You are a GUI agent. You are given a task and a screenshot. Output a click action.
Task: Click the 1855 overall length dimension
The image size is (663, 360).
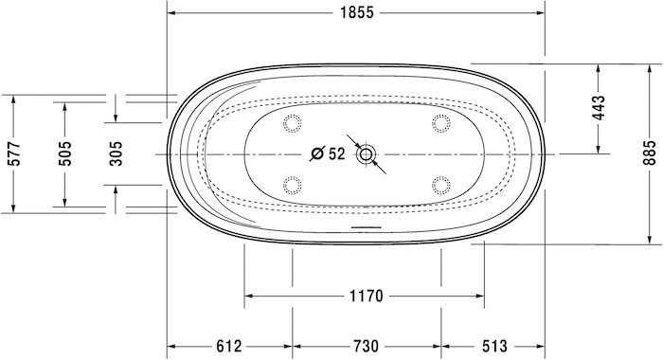(x=356, y=12)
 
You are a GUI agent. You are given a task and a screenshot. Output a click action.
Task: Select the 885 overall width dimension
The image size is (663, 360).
(x=648, y=153)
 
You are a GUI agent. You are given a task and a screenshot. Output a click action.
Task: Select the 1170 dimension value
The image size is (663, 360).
(x=364, y=297)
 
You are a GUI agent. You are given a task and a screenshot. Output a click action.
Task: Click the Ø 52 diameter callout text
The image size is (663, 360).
(x=328, y=153)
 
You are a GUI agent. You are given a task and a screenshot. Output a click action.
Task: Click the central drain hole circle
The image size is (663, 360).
(x=366, y=153)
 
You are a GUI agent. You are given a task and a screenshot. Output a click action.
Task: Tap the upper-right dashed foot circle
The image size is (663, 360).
(x=440, y=122)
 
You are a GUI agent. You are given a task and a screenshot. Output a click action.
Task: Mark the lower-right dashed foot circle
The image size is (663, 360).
(x=440, y=184)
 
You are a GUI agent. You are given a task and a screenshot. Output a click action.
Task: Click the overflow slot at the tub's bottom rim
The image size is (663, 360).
(x=366, y=227)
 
